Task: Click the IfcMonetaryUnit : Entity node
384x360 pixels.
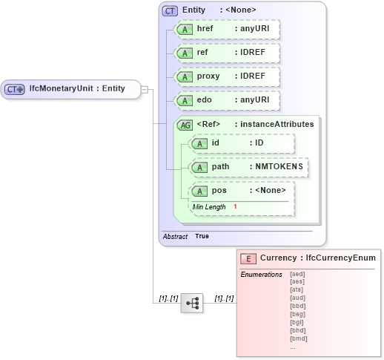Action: (70, 89)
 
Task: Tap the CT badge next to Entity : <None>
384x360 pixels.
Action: (170, 10)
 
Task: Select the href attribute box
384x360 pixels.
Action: (226, 30)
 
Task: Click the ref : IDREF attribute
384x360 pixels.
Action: (226, 53)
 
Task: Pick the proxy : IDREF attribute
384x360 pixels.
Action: (226, 77)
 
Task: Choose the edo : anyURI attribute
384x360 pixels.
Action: (226, 100)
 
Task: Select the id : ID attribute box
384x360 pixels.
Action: (242, 143)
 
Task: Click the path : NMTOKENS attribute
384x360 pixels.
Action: (249, 167)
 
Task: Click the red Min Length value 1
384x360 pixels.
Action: (235, 206)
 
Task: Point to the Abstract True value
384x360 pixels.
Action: (202, 236)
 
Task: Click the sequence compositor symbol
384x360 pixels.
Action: (191, 303)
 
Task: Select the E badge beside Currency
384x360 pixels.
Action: (248, 258)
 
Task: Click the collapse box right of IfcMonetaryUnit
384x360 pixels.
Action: (145, 89)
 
